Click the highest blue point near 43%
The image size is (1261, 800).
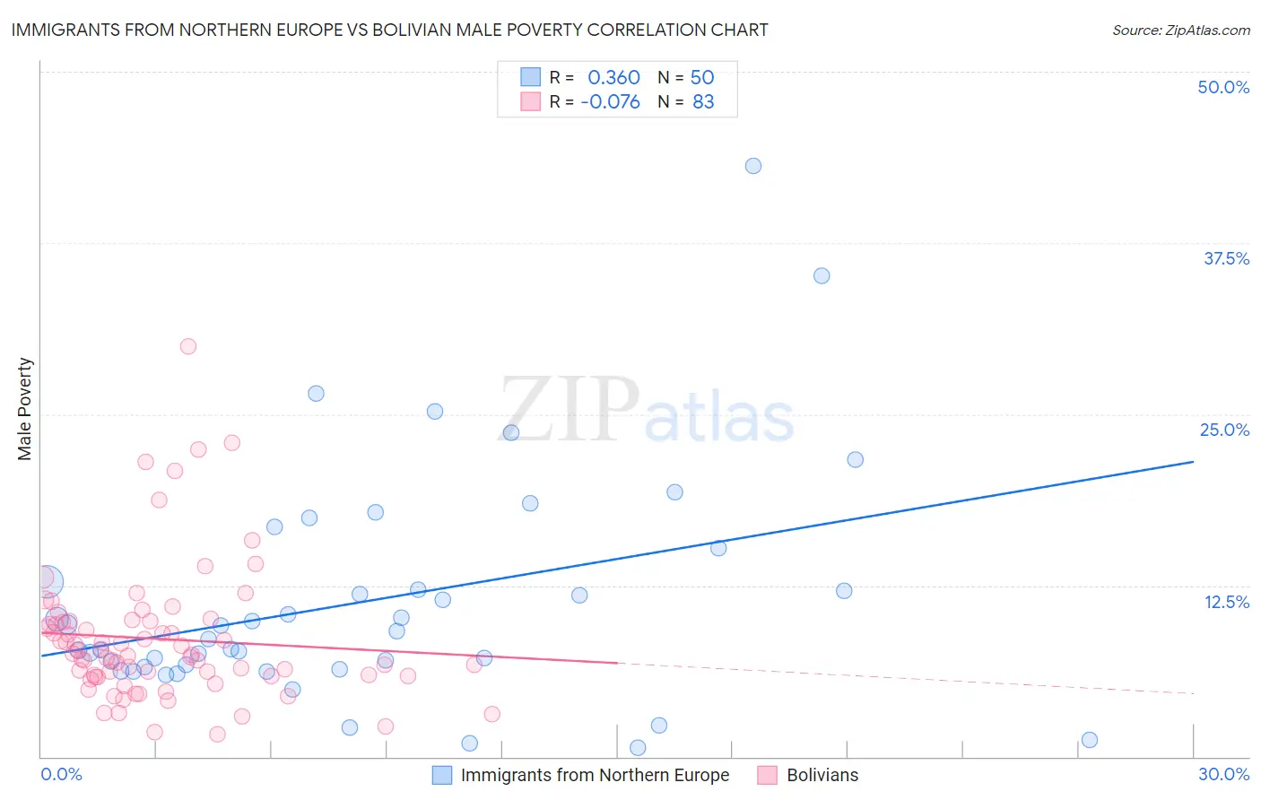tap(753, 166)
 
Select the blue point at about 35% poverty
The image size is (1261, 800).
tap(822, 275)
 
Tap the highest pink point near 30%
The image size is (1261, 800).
tap(188, 346)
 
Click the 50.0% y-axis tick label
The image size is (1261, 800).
tap(1223, 87)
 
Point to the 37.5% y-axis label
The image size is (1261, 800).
tap(1226, 258)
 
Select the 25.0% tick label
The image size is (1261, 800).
tap(1224, 430)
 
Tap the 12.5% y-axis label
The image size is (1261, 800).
tap(1226, 602)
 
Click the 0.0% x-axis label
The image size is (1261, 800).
tap(61, 774)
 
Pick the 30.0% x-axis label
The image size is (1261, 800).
tap(1223, 774)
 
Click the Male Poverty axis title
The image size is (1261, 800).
tap(25, 409)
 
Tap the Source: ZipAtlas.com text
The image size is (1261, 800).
tap(1180, 30)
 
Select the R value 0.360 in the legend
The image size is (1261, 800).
tap(613, 77)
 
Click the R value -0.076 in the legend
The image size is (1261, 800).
tap(610, 101)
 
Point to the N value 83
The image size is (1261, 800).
tap(703, 101)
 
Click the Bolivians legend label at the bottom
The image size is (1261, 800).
tap(822, 775)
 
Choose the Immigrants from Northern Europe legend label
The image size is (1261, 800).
tap(595, 775)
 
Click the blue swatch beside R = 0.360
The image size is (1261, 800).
tap(531, 77)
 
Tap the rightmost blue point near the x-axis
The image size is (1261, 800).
tap(1090, 740)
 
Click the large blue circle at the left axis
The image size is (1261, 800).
tap(48, 581)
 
